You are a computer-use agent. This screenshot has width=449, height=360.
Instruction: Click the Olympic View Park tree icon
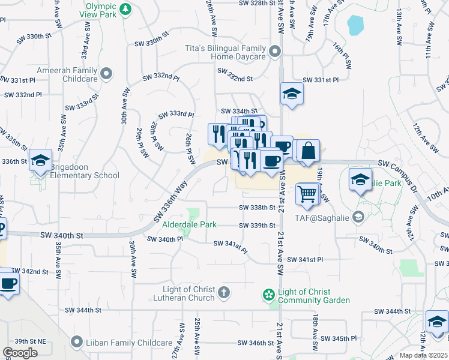[125, 9]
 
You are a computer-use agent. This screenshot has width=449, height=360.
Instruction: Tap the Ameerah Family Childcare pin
[106, 74]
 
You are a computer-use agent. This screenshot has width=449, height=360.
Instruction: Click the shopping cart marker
[307, 193]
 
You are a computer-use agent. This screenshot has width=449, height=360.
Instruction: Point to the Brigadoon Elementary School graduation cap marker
[40, 160]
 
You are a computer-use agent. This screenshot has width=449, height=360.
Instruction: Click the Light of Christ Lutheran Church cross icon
[223, 293]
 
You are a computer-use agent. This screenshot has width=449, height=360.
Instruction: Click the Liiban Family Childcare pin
[76, 343]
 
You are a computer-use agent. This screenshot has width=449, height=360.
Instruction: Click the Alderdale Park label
[188, 225]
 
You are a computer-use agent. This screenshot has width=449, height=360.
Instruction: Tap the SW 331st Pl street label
[321, 80]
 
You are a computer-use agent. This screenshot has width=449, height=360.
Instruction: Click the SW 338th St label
[257, 208]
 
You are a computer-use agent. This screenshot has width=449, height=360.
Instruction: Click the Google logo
[20, 353]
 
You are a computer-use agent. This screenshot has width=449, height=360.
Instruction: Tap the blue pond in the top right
[355, 25]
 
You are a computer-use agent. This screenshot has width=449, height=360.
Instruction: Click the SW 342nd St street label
[30, 272]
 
